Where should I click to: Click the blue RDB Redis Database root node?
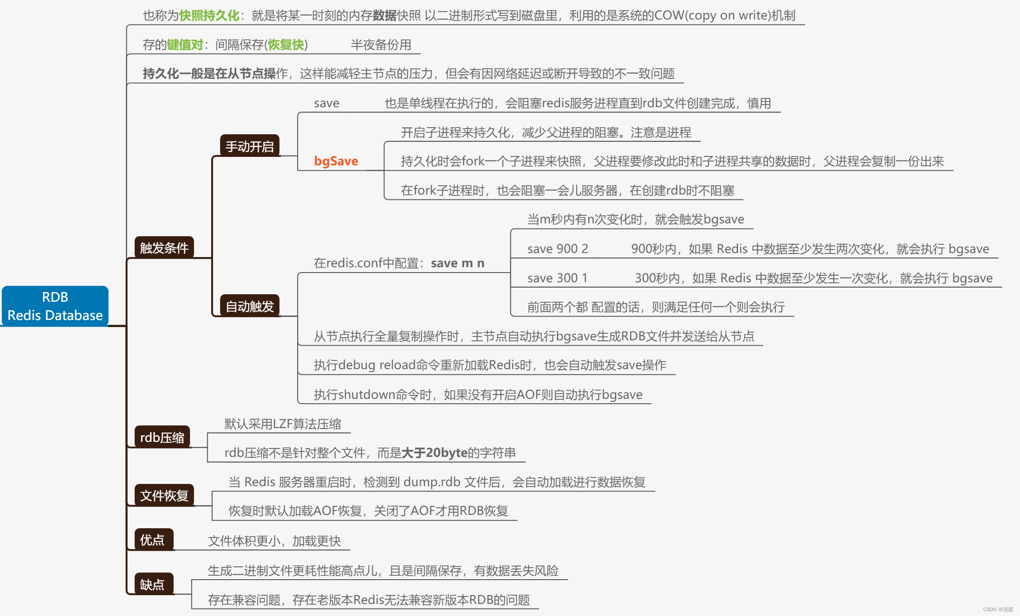click(55, 306)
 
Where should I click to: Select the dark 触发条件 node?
click(164, 248)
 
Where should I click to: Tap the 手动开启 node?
click(250, 146)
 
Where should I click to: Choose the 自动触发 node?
click(250, 306)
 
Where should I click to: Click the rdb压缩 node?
click(162, 437)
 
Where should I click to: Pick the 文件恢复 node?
click(164, 495)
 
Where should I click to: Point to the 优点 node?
click(152, 540)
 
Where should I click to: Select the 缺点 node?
click(152, 585)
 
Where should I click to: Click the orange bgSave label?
click(336, 161)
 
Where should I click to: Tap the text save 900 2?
click(558, 249)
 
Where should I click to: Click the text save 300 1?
click(557, 278)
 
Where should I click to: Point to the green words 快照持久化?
click(209, 16)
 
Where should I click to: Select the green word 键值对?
click(185, 45)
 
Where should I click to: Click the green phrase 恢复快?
click(286, 45)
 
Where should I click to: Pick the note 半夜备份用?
click(381, 45)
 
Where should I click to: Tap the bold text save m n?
click(458, 263)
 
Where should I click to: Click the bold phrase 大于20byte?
click(434, 452)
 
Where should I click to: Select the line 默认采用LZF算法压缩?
click(283, 424)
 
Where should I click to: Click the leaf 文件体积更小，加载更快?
click(274, 541)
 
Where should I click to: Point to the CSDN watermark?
click(998, 609)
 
